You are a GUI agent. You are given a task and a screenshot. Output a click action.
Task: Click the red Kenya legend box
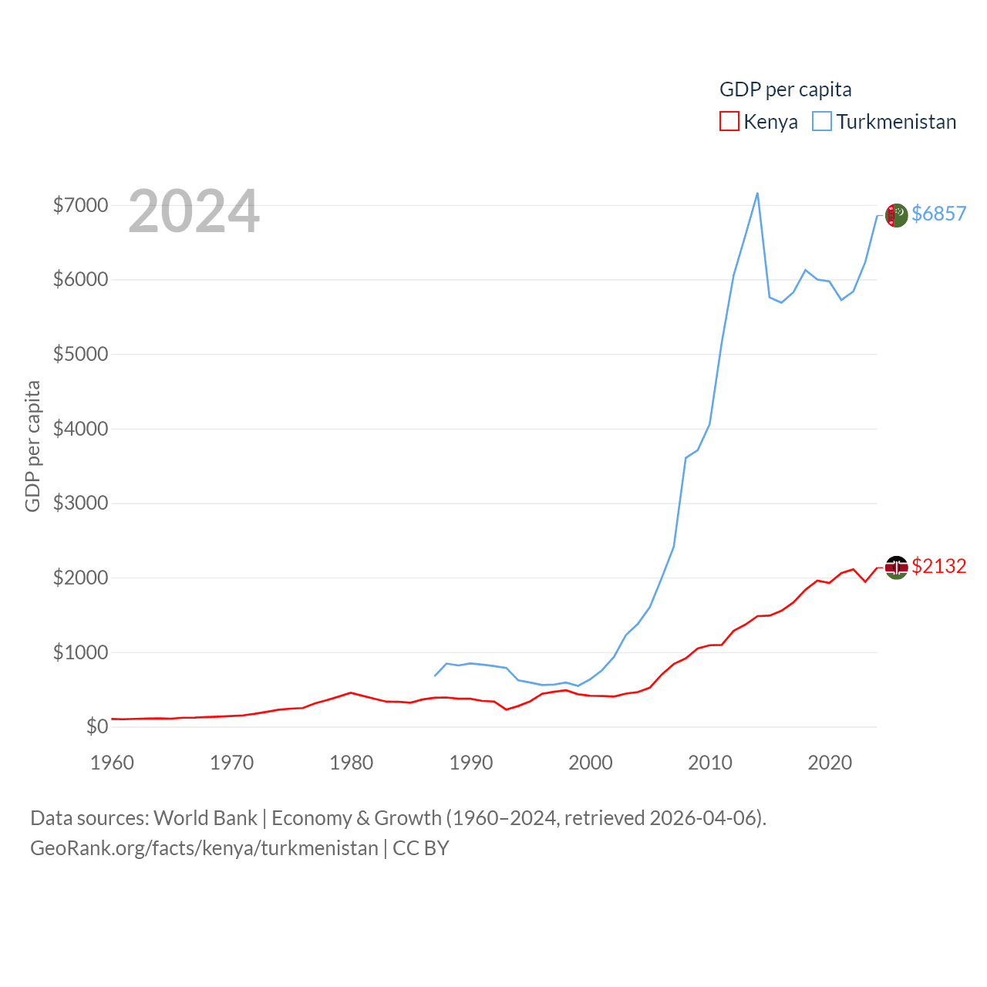tap(729, 122)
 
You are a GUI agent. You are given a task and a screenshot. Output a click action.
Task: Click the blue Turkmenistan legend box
tap(822, 122)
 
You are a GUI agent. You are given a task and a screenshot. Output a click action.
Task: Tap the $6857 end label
tap(938, 214)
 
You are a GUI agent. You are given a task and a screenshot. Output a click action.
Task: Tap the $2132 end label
tap(938, 566)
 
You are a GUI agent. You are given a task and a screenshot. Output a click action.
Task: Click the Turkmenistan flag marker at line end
tap(896, 215)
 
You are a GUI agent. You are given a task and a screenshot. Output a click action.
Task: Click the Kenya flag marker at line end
tap(896, 568)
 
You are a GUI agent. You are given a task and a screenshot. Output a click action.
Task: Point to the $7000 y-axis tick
tap(80, 205)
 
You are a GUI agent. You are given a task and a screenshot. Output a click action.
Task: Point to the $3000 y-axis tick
tap(80, 504)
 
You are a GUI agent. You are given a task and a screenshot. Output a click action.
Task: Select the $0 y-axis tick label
tap(97, 726)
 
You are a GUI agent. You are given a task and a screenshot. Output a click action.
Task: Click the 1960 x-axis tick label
tap(113, 763)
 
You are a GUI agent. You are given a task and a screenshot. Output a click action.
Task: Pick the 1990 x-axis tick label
tap(471, 763)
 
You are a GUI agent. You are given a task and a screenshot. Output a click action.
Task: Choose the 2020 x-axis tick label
tap(830, 763)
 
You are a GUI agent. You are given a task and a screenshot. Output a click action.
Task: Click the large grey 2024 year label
tap(194, 211)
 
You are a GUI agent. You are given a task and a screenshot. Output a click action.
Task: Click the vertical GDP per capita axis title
tap(32, 446)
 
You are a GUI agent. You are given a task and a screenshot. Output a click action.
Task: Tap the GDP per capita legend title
tap(785, 89)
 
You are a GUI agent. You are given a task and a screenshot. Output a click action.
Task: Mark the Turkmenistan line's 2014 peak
tap(757, 194)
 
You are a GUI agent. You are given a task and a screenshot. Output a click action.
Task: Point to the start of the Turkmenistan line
tap(435, 675)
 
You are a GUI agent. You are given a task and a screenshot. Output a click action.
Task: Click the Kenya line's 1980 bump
tap(352, 692)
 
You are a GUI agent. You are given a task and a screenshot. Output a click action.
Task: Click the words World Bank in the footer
tap(205, 817)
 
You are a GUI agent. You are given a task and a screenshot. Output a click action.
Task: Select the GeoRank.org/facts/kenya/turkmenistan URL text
tap(204, 848)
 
